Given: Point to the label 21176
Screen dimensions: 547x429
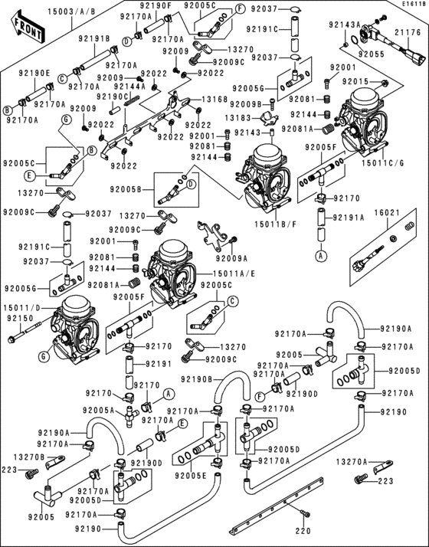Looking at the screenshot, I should (x=408, y=32).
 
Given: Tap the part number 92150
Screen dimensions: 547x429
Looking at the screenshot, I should (x=19, y=318).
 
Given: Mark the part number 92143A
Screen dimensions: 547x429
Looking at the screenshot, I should (x=345, y=25).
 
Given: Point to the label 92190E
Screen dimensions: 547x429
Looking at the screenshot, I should (x=35, y=74).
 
